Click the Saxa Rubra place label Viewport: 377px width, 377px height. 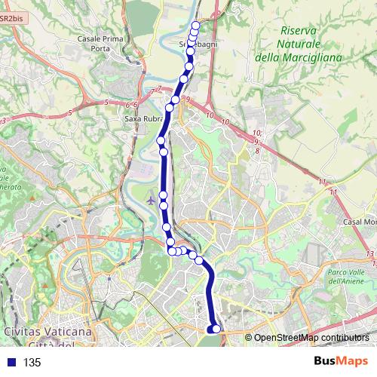(141, 118)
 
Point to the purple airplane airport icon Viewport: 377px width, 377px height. (152, 201)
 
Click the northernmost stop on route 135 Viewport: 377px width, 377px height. (196, 25)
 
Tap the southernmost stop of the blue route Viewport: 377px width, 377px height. (216, 328)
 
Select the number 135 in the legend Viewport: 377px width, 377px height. (32, 362)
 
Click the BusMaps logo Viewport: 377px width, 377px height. (336, 361)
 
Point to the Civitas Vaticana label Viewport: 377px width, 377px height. (47, 331)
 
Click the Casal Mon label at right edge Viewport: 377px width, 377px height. (360, 222)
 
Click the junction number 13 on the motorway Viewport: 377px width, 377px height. (369, 254)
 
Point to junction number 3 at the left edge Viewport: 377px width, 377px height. (4, 120)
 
